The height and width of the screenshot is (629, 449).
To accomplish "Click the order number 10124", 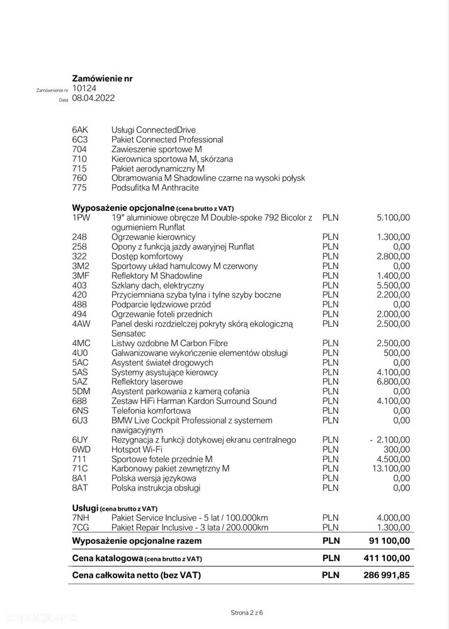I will (84, 89).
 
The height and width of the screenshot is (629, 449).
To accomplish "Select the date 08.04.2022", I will (93, 99).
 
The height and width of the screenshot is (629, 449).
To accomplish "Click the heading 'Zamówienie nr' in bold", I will (102, 79).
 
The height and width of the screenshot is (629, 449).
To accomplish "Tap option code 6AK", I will (81, 130).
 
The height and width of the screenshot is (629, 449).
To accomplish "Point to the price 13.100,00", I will (390, 468).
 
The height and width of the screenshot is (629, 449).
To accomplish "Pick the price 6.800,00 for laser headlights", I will (394, 382).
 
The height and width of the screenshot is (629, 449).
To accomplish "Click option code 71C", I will (81, 468).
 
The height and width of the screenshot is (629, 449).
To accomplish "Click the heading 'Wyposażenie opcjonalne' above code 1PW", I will (123, 207).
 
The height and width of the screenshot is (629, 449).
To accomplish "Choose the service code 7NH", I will (81, 517).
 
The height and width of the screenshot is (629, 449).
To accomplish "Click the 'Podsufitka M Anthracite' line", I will (155, 188).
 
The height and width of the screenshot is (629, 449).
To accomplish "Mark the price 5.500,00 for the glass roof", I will (394, 285).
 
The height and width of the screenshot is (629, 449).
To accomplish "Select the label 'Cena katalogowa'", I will (106, 558).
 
